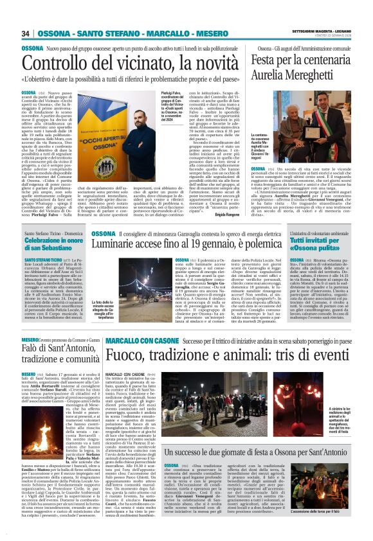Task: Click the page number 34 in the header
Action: pyautogui.click(x=26, y=33)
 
